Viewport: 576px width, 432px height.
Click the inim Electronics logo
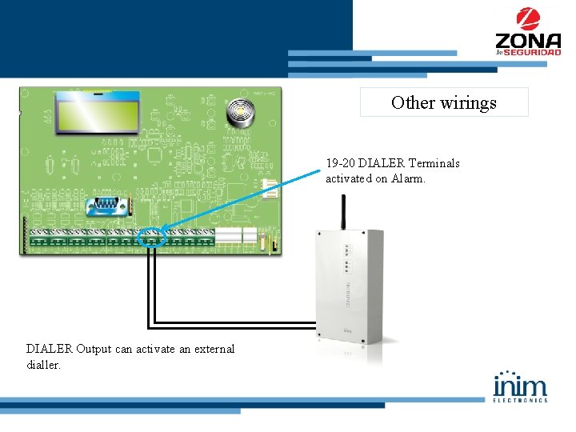(521, 386)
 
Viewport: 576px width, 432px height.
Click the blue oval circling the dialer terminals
(152, 237)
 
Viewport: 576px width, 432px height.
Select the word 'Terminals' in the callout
(434, 163)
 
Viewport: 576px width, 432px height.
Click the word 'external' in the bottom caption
(207, 349)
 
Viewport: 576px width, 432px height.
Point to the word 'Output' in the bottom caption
(98, 349)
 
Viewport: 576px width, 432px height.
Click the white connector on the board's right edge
(270, 189)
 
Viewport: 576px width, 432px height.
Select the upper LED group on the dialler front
(346, 249)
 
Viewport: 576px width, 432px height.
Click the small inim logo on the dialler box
(348, 329)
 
